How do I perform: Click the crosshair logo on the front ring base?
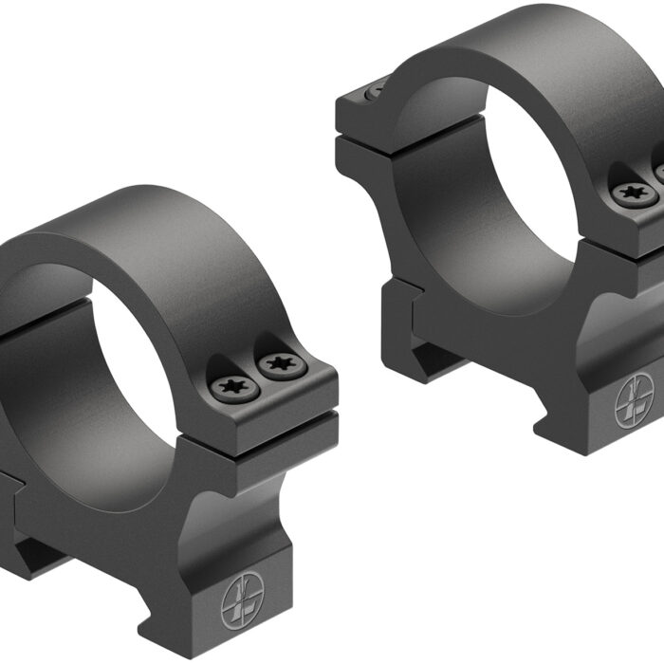click(241, 600)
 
